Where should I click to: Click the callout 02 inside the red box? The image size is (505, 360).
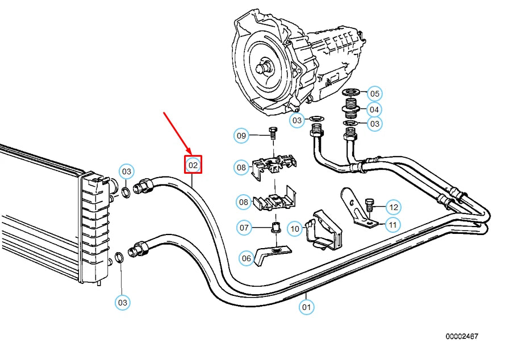(x=193, y=165)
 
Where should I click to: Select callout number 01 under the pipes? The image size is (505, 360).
(x=307, y=308)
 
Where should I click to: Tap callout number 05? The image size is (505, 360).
(x=374, y=94)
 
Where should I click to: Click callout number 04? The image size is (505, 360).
(x=374, y=109)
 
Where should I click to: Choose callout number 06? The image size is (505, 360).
(x=246, y=258)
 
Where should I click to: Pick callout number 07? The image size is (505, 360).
(x=244, y=228)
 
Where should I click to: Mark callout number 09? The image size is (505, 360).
(x=242, y=136)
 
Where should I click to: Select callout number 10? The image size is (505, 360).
(x=294, y=229)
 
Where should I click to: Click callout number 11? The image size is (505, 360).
(x=393, y=225)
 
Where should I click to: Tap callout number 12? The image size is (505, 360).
(x=394, y=206)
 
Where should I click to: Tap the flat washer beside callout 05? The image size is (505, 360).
(x=351, y=93)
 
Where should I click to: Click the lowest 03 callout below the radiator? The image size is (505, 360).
(x=123, y=303)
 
